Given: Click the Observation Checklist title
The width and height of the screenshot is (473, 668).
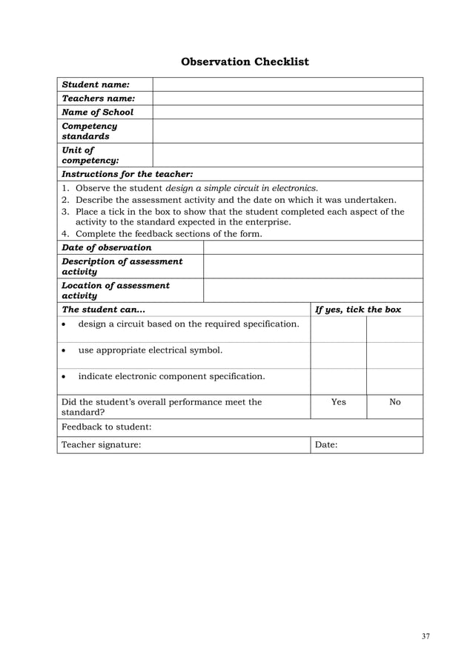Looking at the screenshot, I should pos(245,61).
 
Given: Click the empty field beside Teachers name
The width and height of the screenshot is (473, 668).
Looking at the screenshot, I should pos(287,98).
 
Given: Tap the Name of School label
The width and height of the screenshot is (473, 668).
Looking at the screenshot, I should pos(98,112).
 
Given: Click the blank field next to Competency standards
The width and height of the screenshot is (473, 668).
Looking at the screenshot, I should pos(287,131).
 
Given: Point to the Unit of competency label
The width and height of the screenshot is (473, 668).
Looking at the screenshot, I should pos(90,155).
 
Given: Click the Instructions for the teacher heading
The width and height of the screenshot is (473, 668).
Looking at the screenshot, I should pos(127,174).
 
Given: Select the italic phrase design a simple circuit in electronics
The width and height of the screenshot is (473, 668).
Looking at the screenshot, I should pos(242,187).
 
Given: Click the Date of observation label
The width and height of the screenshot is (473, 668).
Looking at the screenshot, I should pos(107,247).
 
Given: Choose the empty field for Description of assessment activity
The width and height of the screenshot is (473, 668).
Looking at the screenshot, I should pos(312,267).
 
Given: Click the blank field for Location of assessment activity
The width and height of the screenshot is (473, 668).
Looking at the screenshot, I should pos(312,290).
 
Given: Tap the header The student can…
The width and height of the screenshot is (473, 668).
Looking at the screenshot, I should pos(104,310).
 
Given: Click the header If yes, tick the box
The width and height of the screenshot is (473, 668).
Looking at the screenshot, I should pos(358,310).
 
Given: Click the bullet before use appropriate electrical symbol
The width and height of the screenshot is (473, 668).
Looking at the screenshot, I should pos(65,350).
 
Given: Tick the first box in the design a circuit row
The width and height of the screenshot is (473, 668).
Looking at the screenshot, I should pos(338,329).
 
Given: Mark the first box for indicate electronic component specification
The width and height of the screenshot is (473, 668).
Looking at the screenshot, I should pos(338,381).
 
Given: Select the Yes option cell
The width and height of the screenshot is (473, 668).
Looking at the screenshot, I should pos(338,402).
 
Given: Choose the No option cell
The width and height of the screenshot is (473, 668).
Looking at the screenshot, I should pos(394,402).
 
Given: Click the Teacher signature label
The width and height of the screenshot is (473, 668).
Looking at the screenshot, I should pos(101,444).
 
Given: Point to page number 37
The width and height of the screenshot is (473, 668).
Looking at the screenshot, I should pos(426,636).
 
